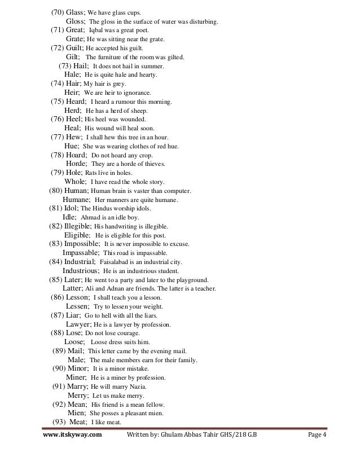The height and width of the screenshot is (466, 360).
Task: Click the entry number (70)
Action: tap(57, 12)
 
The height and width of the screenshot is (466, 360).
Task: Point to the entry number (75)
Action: tap(58, 102)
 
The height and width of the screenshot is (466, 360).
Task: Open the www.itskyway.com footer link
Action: tap(73, 437)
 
